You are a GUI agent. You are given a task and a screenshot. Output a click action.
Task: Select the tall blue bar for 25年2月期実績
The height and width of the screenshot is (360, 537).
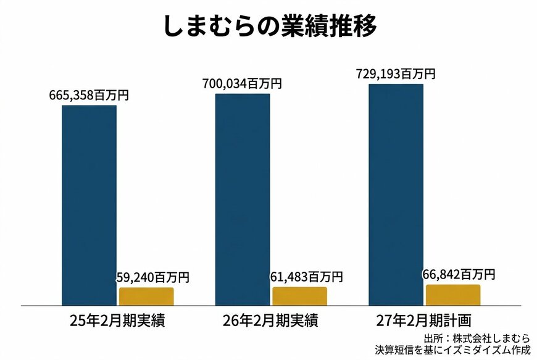pos(89,204)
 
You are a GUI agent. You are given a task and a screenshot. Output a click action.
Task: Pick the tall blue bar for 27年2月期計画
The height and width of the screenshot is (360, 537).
pos(396,194)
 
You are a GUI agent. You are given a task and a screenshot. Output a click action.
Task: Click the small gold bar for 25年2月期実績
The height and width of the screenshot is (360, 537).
pos(146,296)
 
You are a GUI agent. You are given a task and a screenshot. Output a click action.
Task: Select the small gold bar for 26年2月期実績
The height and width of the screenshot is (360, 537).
pos(299,296)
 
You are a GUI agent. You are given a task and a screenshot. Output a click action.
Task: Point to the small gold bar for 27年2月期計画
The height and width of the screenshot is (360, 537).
pos(452,295)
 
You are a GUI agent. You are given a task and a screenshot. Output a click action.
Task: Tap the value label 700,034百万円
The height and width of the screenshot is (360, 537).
pos(243,84)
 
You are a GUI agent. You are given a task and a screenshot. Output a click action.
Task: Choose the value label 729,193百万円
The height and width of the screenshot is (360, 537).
pos(396,74)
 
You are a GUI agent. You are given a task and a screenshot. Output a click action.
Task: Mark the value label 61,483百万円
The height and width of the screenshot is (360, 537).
pos(306,277)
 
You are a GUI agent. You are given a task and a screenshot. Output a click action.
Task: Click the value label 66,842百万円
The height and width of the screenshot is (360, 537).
pos(459,274)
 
